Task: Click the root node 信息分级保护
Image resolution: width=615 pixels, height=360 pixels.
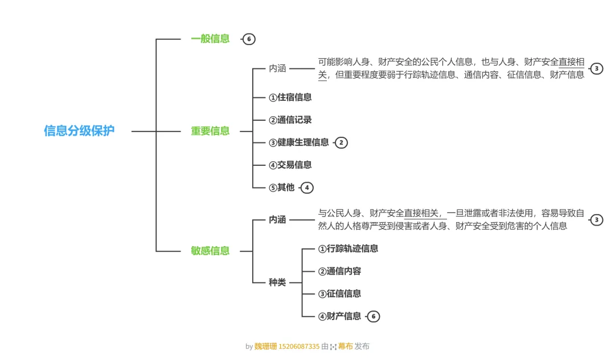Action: [x=79, y=130]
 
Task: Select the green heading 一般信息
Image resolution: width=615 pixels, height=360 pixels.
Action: [x=210, y=39]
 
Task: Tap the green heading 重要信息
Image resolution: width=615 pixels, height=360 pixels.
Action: [x=210, y=131]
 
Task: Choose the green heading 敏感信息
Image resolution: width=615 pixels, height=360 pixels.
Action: [x=210, y=251]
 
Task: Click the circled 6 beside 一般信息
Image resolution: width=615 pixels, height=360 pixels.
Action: [x=248, y=39]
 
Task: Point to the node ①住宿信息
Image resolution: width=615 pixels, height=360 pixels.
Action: [x=290, y=97]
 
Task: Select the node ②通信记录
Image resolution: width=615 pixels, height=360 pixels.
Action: [x=290, y=120]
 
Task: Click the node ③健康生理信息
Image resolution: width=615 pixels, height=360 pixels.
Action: [x=298, y=142]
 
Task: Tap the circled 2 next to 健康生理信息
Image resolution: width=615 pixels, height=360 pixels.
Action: [x=341, y=142]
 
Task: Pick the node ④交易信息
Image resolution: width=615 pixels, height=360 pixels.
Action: [x=290, y=165]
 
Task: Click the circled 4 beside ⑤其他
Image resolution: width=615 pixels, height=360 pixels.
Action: [x=307, y=187]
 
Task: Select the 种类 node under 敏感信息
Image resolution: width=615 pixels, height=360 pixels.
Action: [x=277, y=282]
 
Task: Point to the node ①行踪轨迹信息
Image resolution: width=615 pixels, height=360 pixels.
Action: [x=348, y=248]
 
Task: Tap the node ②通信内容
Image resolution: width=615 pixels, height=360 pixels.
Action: [x=339, y=271]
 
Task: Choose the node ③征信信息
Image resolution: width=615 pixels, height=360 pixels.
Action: [x=339, y=294]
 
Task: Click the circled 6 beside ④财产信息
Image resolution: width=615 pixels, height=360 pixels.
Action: [x=373, y=316]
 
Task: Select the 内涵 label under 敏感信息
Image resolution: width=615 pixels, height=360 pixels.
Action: [x=277, y=220]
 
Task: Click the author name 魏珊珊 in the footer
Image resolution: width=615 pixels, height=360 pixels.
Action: [x=265, y=346]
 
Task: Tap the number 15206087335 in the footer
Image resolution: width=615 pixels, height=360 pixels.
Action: [x=299, y=346]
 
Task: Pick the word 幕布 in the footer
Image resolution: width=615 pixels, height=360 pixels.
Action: [x=345, y=346]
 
